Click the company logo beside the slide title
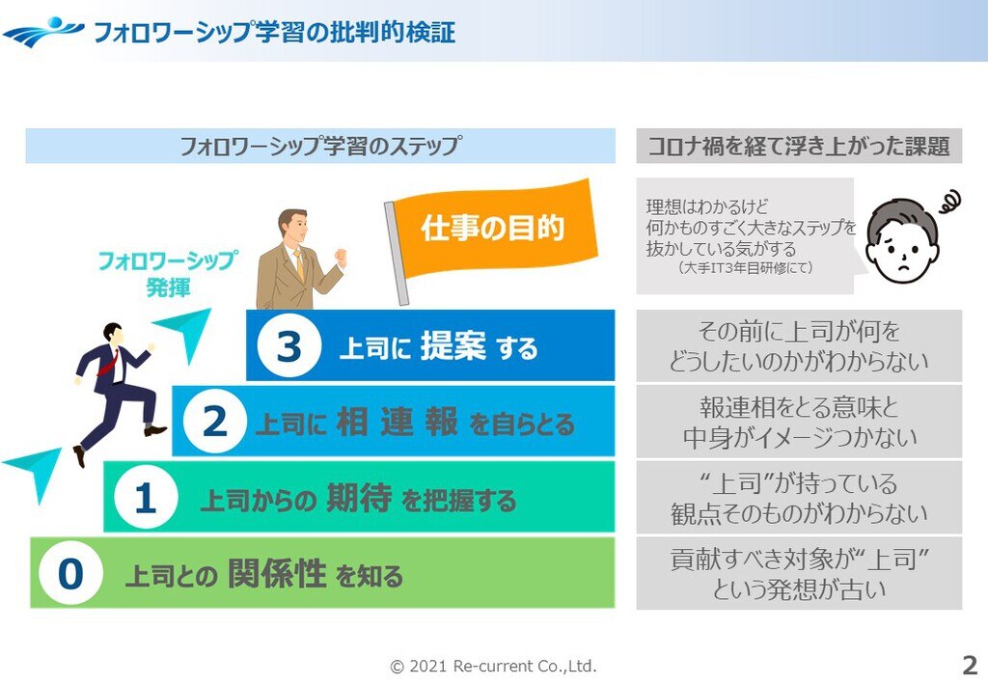point(42,32)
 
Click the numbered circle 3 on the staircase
point(289,345)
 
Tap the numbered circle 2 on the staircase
point(215,421)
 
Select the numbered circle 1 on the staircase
point(146,497)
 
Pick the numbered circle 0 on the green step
point(70,572)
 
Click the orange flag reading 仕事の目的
point(496,228)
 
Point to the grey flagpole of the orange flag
point(397,253)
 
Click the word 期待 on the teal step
point(359,498)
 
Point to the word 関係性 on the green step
point(277,573)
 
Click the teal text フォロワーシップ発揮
point(168,273)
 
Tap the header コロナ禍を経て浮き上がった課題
point(799,146)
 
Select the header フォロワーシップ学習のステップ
point(320,146)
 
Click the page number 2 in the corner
point(970,665)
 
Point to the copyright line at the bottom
point(493,666)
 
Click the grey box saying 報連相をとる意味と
point(799,422)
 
